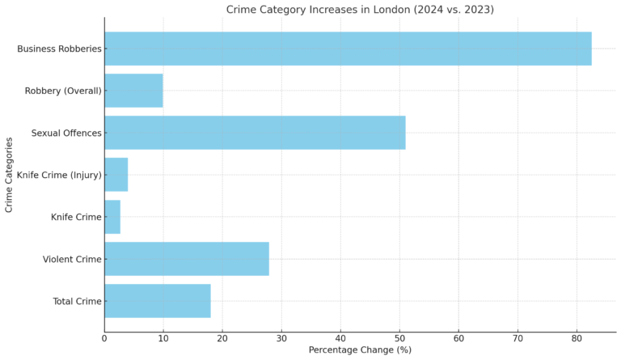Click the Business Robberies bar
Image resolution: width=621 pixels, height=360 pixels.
(x=348, y=49)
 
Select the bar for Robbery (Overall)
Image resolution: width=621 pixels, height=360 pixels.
(x=133, y=91)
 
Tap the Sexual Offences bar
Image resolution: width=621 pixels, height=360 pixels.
(x=255, y=133)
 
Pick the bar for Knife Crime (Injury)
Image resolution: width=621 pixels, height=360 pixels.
(x=116, y=175)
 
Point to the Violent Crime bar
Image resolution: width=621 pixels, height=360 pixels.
(x=186, y=259)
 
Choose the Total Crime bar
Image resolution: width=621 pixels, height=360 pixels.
(x=157, y=301)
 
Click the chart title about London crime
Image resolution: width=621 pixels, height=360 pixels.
(x=360, y=10)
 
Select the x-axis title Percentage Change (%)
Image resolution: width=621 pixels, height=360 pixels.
(x=360, y=349)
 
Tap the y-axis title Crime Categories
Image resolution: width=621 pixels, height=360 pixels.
(x=9, y=175)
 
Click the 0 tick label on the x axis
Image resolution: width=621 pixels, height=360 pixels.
(x=104, y=337)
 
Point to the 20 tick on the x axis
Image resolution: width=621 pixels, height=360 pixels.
(x=222, y=337)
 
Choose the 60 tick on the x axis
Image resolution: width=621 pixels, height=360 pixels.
(x=458, y=337)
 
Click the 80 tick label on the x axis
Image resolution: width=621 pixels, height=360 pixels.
(x=577, y=337)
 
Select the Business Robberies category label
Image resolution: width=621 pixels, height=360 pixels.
(x=59, y=49)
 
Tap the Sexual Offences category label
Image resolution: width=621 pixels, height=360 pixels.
(x=66, y=133)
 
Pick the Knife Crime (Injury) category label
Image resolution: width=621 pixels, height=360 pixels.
(x=59, y=175)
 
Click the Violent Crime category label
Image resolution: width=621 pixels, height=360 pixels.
(x=72, y=259)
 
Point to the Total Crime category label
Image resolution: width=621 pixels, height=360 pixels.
(x=77, y=301)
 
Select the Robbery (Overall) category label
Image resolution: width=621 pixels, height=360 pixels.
(x=63, y=91)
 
